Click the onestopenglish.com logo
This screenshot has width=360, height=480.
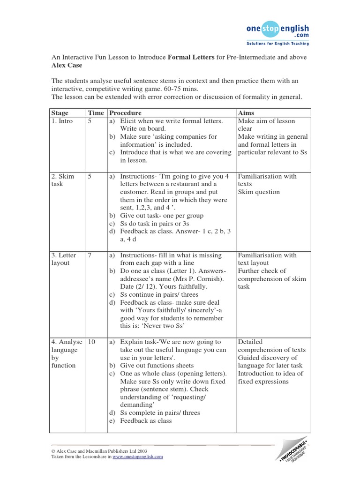(x=277, y=31)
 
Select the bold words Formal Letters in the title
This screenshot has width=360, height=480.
(x=190, y=57)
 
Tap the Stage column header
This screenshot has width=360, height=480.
(x=59, y=113)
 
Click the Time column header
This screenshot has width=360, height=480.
(x=95, y=113)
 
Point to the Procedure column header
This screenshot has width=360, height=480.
(x=125, y=113)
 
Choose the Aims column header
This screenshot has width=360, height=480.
(x=247, y=113)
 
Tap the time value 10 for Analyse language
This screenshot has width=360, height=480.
(x=91, y=342)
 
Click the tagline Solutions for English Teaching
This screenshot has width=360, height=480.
(x=277, y=44)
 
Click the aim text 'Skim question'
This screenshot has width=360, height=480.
(x=259, y=192)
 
